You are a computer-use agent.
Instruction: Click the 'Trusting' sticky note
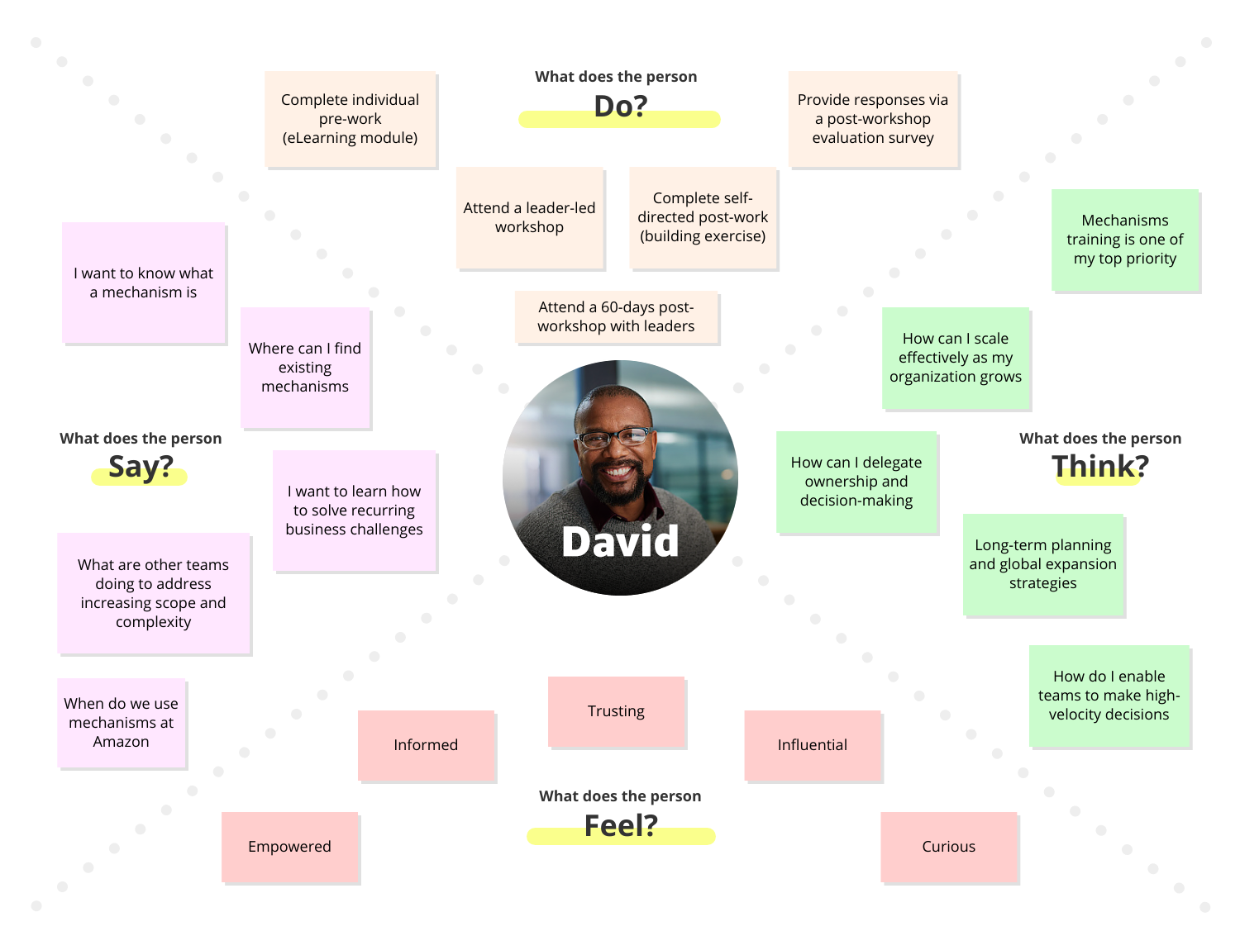(617, 711)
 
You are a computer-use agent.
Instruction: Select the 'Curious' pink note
(949, 847)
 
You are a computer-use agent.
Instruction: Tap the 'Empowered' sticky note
(289, 847)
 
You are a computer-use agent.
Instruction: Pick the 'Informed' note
(426, 745)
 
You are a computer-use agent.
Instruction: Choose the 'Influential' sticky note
(813, 745)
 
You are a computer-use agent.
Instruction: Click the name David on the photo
(620, 542)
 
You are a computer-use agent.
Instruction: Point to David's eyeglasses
(614, 437)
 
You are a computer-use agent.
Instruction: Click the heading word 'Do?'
(620, 107)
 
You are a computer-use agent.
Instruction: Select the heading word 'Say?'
(141, 467)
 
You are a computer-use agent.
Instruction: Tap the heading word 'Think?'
(1100, 467)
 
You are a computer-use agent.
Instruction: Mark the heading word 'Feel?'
(621, 826)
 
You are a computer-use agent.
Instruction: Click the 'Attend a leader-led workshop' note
(530, 217)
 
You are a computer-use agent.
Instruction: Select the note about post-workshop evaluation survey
(873, 119)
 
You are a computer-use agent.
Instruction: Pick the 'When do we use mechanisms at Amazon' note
(122, 723)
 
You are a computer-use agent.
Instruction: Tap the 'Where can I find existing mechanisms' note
(305, 368)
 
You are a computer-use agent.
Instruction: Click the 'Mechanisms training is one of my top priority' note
(1125, 240)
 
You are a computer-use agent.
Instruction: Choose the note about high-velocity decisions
(1109, 696)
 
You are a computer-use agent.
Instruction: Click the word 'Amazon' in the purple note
(122, 742)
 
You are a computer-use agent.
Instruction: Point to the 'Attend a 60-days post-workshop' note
(617, 316)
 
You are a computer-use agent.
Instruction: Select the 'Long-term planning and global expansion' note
(1043, 564)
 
